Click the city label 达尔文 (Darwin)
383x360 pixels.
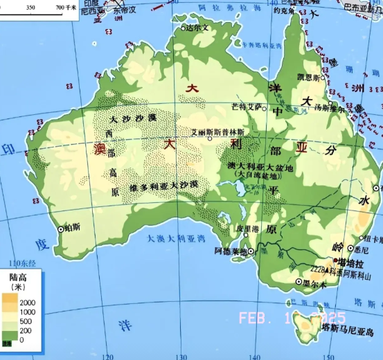click(199, 28)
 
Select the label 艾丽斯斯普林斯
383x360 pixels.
click(218, 132)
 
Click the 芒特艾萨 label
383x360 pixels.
click(247, 107)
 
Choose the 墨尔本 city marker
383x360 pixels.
click(299, 282)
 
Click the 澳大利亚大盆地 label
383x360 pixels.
click(260, 168)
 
